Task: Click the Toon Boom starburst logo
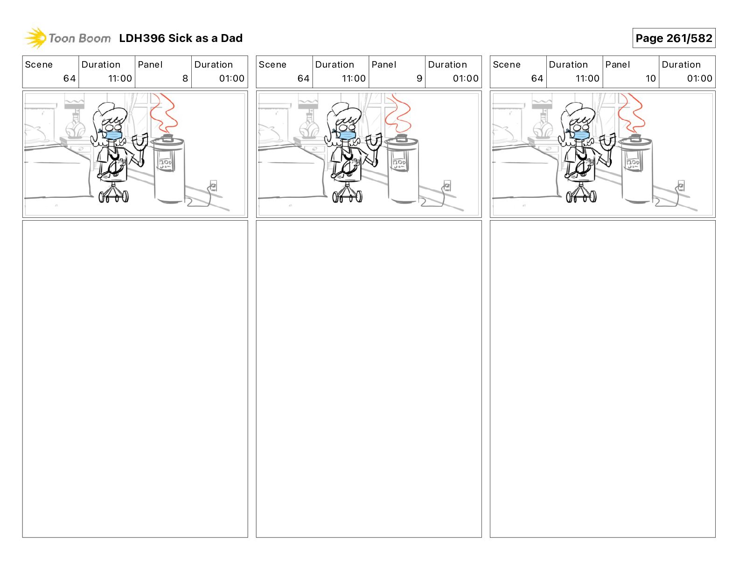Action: tap(35, 38)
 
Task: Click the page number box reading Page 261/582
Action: tap(674, 38)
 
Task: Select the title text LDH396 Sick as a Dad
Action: tap(181, 38)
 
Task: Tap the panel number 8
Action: tap(185, 78)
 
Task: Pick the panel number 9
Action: tap(419, 78)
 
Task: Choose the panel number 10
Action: tap(650, 78)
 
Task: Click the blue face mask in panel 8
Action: tap(112, 135)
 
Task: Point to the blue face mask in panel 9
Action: tap(346, 135)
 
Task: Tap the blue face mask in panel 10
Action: tap(580, 135)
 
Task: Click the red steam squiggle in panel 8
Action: tap(164, 113)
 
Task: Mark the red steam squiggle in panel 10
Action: tap(632, 113)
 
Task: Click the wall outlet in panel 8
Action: tap(213, 186)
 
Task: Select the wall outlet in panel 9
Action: tap(447, 186)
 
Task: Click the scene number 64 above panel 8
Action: tap(70, 78)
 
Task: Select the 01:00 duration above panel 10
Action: tap(699, 78)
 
